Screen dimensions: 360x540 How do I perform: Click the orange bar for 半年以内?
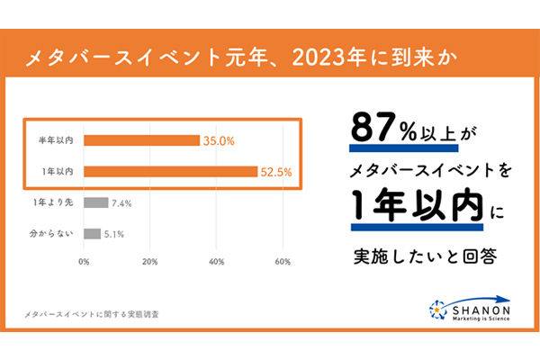[x=142, y=140]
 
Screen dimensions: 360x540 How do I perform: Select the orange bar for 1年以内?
[x=171, y=171]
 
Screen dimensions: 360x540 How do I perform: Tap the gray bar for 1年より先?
[x=96, y=202]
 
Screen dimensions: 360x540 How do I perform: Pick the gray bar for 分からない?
[x=92, y=233]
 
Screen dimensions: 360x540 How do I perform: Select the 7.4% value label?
[x=122, y=202]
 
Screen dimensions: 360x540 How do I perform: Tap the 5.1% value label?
[x=114, y=233]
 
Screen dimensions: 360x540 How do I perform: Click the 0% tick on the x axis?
[x=84, y=262]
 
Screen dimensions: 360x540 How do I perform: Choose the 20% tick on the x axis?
[x=150, y=262]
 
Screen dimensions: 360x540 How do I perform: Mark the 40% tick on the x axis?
[x=216, y=262]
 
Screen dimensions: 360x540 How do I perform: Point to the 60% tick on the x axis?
[x=282, y=262]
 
